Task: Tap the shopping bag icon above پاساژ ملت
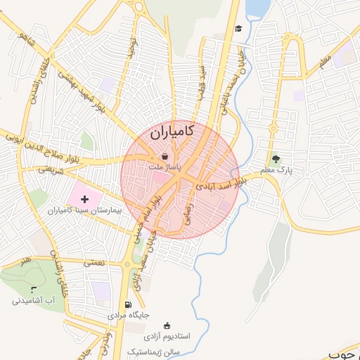(x=165, y=156)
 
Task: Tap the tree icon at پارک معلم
(x=275, y=159)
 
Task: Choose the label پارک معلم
(x=275, y=170)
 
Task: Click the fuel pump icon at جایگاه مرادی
(x=127, y=304)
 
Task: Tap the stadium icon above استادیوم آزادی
(x=167, y=326)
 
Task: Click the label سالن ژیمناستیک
(x=154, y=349)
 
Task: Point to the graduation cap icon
(x=238, y=29)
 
